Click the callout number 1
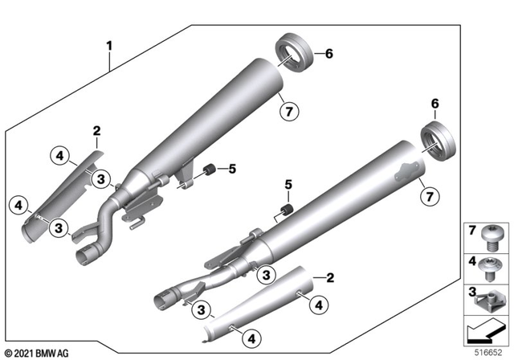pyautogui.click(x=109, y=46)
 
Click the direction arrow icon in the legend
pyautogui.click(x=487, y=330)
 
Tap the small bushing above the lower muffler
pyautogui.click(x=283, y=211)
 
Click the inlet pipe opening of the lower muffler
pyautogui.click(x=161, y=301)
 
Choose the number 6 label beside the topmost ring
pyautogui.click(x=327, y=53)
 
